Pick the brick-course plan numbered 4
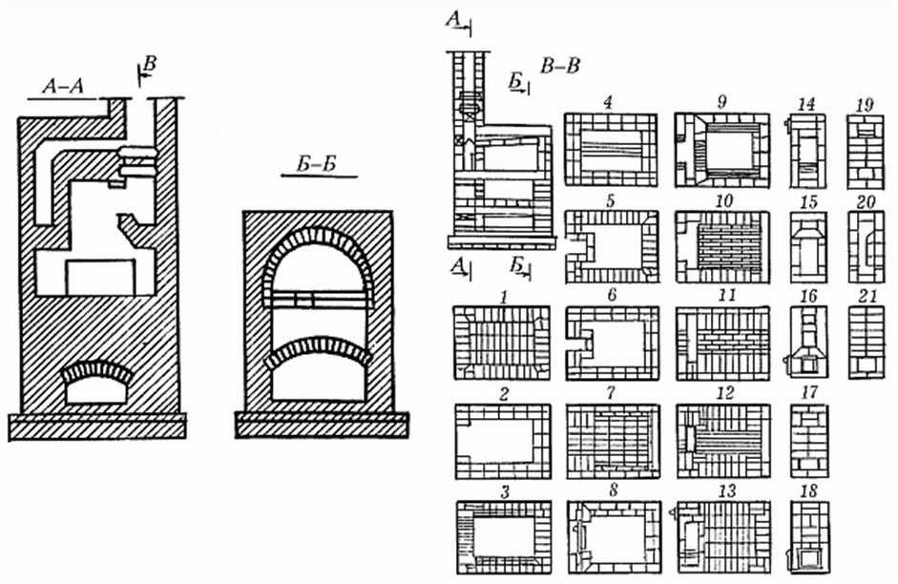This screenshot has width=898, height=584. point(611,149)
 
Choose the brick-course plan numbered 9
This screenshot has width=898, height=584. point(721,149)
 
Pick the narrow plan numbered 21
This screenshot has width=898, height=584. point(867,343)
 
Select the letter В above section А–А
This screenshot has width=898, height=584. point(149,65)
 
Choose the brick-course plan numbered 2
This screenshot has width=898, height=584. point(501,440)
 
